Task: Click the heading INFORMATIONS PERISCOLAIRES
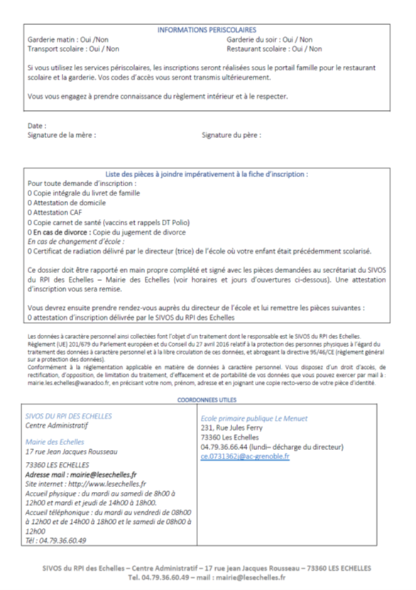[x=206, y=31]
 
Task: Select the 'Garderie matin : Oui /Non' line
[x=68, y=40]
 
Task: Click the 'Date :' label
[x=36, y=126]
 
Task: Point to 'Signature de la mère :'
[x=61, y=134]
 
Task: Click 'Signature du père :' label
[x=231, y=134]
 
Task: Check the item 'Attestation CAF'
[x=55, y=212]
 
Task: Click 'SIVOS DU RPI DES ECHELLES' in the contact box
[x=68, y=416]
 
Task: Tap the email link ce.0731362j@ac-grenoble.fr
[x=245, y=456]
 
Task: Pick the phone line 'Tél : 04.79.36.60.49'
[x=55, y=540]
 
